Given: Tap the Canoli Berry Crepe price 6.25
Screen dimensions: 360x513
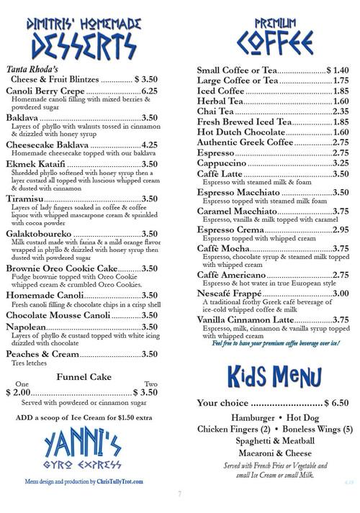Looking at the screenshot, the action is (149, 91).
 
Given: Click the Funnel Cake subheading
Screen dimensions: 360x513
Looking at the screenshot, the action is (81, 376).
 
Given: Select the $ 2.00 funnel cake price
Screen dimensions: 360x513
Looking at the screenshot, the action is (18, 393).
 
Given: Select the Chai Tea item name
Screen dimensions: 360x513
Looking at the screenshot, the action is (215, 112).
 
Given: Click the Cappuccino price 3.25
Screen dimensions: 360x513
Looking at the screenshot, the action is (341, 163).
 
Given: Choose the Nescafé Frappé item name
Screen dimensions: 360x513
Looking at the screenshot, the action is (231, 293).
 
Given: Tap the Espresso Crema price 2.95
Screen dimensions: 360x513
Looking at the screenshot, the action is (341, 230).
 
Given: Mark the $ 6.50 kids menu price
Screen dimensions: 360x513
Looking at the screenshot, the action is (334, 403).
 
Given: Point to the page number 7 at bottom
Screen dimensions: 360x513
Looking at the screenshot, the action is (180, 494).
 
